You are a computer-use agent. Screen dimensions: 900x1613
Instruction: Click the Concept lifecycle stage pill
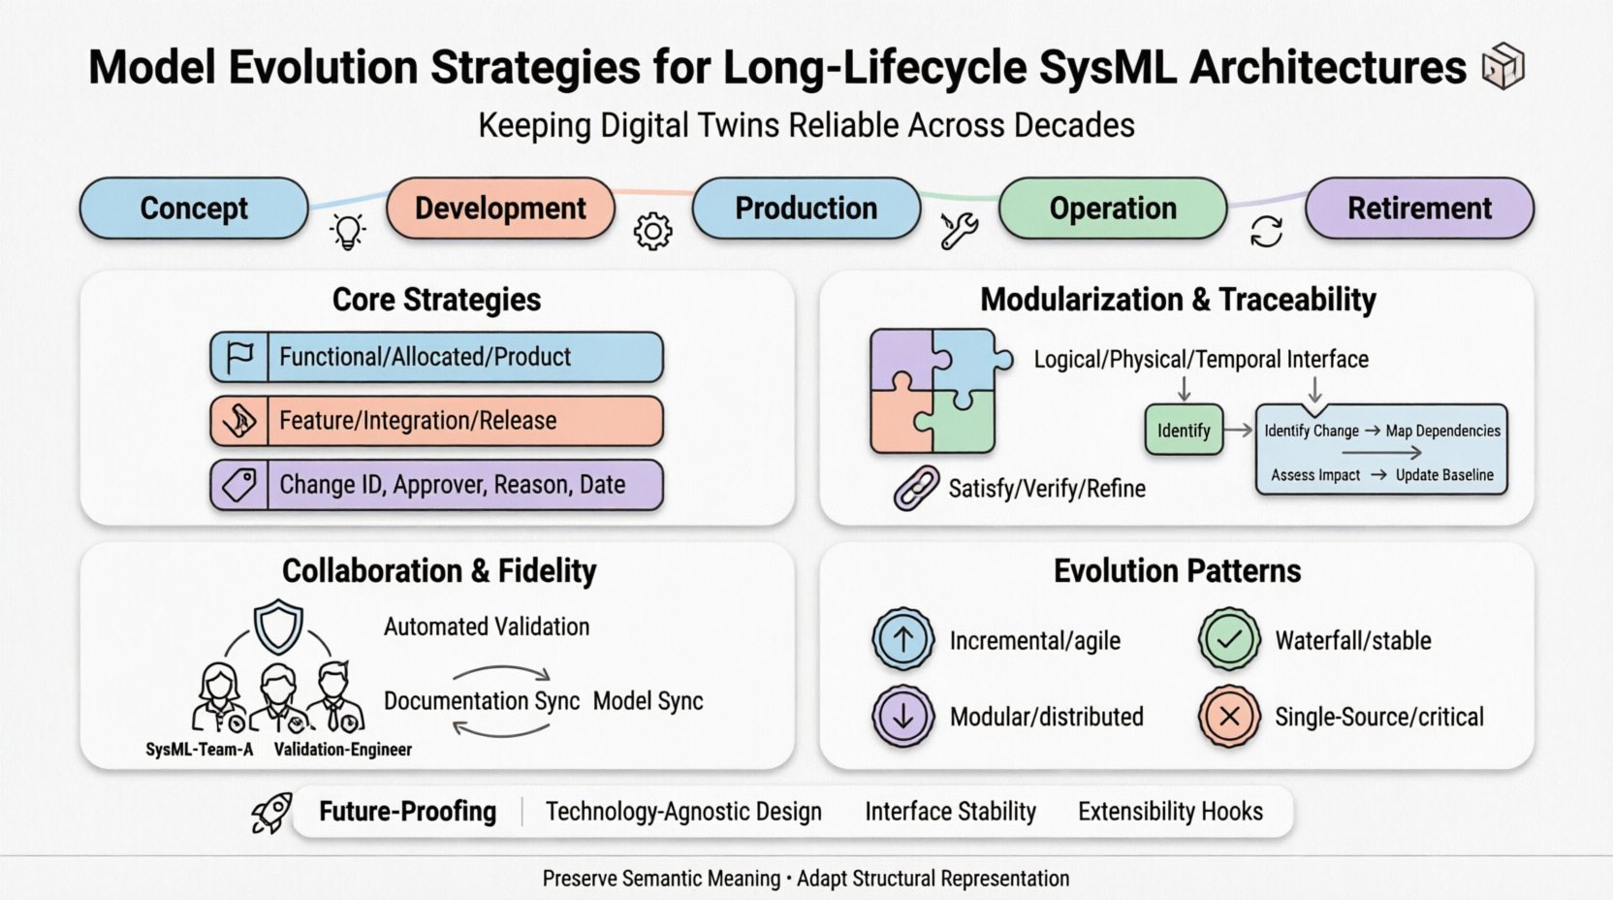[x=194, y=209]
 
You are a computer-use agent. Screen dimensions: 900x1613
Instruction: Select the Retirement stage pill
[x=1419, y=209]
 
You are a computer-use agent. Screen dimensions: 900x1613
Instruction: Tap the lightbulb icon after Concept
[x=348, y=232]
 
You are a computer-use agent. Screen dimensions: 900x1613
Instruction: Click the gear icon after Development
[x=652, y=232]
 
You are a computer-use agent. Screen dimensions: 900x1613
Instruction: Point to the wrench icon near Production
[x=959, y=231]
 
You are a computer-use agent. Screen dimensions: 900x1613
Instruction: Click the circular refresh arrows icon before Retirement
[x=1266, y=232]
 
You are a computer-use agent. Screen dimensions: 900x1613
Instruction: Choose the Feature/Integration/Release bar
[x=437, y=421]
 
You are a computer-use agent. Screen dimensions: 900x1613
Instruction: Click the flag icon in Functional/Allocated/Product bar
[x=239, y=357]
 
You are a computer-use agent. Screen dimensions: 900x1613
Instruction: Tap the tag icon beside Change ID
[x=239, y=485]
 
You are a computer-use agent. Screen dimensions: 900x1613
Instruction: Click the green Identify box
[x=1184, y=431]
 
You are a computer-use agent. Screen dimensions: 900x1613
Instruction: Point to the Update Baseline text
[x=1444, y=475]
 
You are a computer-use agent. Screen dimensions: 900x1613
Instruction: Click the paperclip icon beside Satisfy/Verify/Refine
[x=916, y=488]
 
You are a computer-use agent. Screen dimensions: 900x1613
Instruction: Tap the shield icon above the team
[x=278, y=627]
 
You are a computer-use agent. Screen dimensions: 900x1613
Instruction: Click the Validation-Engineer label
[x=343, y=750]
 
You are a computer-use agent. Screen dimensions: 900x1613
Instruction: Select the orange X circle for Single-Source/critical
[x=1229, y=717]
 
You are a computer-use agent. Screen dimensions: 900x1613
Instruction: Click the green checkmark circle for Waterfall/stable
[x=1229, y=640]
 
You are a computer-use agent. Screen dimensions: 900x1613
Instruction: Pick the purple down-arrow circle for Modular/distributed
[x=903, y=717]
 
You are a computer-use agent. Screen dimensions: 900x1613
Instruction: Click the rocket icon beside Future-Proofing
[x=272, y=813]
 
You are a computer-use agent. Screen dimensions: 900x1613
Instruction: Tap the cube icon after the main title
[x=1503, y=66]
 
